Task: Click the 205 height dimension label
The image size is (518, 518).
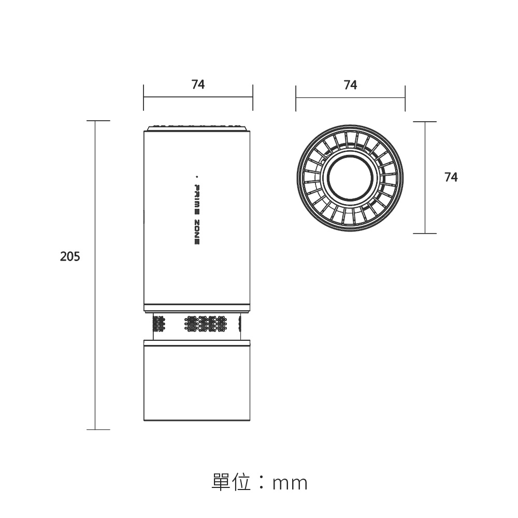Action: (x=70, y=256)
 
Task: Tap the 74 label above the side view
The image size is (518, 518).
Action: (x=198, y=84)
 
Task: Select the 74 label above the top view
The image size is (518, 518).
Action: (x=350, y=85)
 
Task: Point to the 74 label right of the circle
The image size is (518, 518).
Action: (x=451, y=177)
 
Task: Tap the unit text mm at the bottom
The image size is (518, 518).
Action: (x=290, y=484)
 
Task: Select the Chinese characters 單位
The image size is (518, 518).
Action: (x=231, y=482)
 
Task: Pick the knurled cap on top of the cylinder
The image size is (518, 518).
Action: (x=197, y=128)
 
